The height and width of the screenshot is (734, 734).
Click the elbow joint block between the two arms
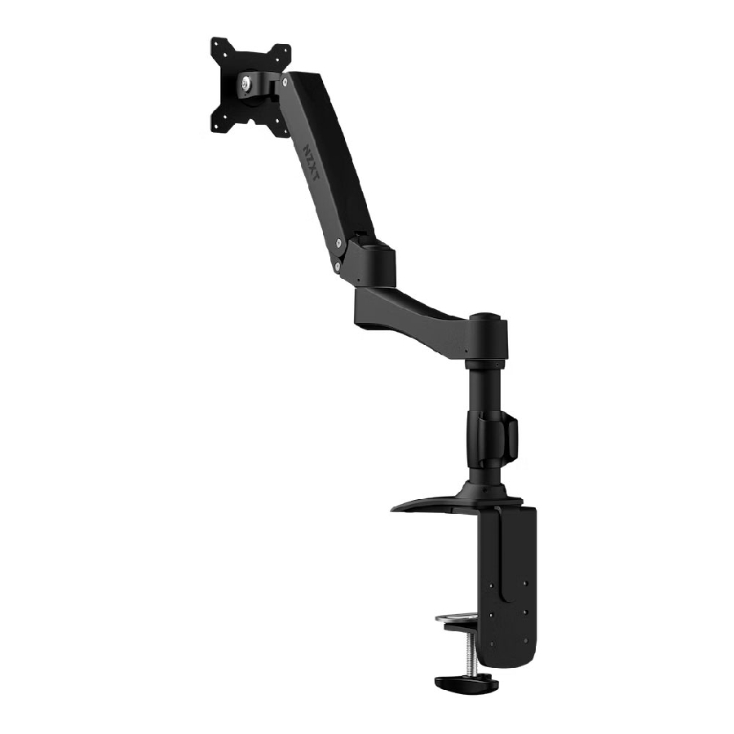[371, 259]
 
